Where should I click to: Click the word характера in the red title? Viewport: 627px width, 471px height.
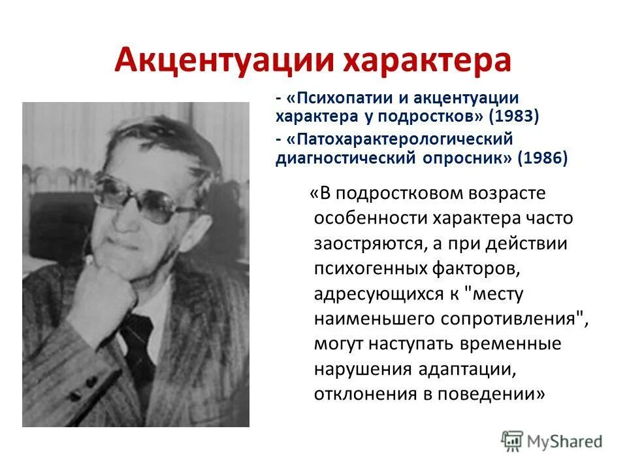click(427, 60)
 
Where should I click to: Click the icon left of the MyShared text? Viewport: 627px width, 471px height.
click(512, 441)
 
